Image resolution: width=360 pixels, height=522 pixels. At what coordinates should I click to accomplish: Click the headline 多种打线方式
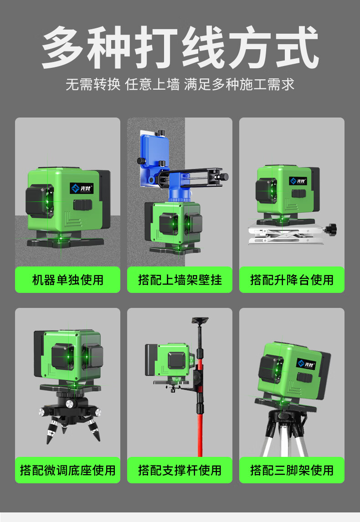180,48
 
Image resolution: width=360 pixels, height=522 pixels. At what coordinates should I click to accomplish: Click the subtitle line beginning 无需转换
180,85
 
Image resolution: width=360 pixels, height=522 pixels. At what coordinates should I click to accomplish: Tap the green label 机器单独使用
67,280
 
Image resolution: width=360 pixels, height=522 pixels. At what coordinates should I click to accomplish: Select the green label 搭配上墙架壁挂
180,280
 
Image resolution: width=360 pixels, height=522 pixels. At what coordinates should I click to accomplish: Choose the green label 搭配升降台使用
292,280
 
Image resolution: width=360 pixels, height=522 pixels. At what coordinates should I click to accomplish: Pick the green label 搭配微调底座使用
67,470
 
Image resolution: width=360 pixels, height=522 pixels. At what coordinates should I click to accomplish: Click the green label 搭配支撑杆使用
180,470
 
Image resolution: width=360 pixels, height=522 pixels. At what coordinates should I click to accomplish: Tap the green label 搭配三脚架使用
292,470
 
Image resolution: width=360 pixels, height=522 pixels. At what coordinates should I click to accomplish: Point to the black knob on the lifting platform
332,228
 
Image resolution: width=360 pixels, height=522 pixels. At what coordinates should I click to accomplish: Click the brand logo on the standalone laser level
82,188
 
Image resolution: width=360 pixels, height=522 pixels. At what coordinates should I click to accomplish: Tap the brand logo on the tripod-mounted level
306,364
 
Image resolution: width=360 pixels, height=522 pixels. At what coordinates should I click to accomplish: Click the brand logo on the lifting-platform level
298,181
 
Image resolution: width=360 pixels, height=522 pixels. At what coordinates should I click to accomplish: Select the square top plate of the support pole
200,321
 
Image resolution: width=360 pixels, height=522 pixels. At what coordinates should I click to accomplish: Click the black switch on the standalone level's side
82,205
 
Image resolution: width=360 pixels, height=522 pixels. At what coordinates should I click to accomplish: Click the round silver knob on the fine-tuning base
69,404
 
